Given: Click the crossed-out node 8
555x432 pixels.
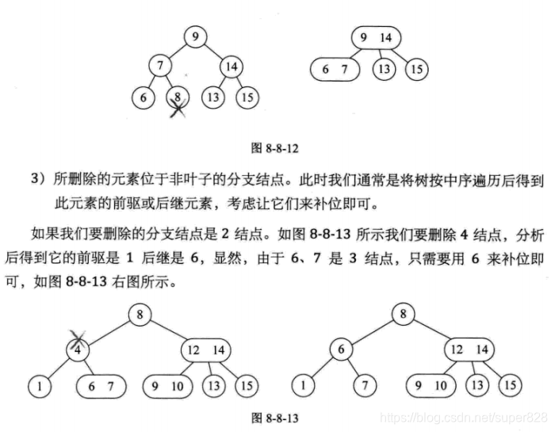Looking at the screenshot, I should (x=180, y=98).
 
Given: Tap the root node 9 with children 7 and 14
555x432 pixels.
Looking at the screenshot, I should (x=194, y=35).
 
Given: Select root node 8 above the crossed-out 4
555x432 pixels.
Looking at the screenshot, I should (x=140, y=315).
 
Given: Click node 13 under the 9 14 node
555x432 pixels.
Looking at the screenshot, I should (x=384, y=69).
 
